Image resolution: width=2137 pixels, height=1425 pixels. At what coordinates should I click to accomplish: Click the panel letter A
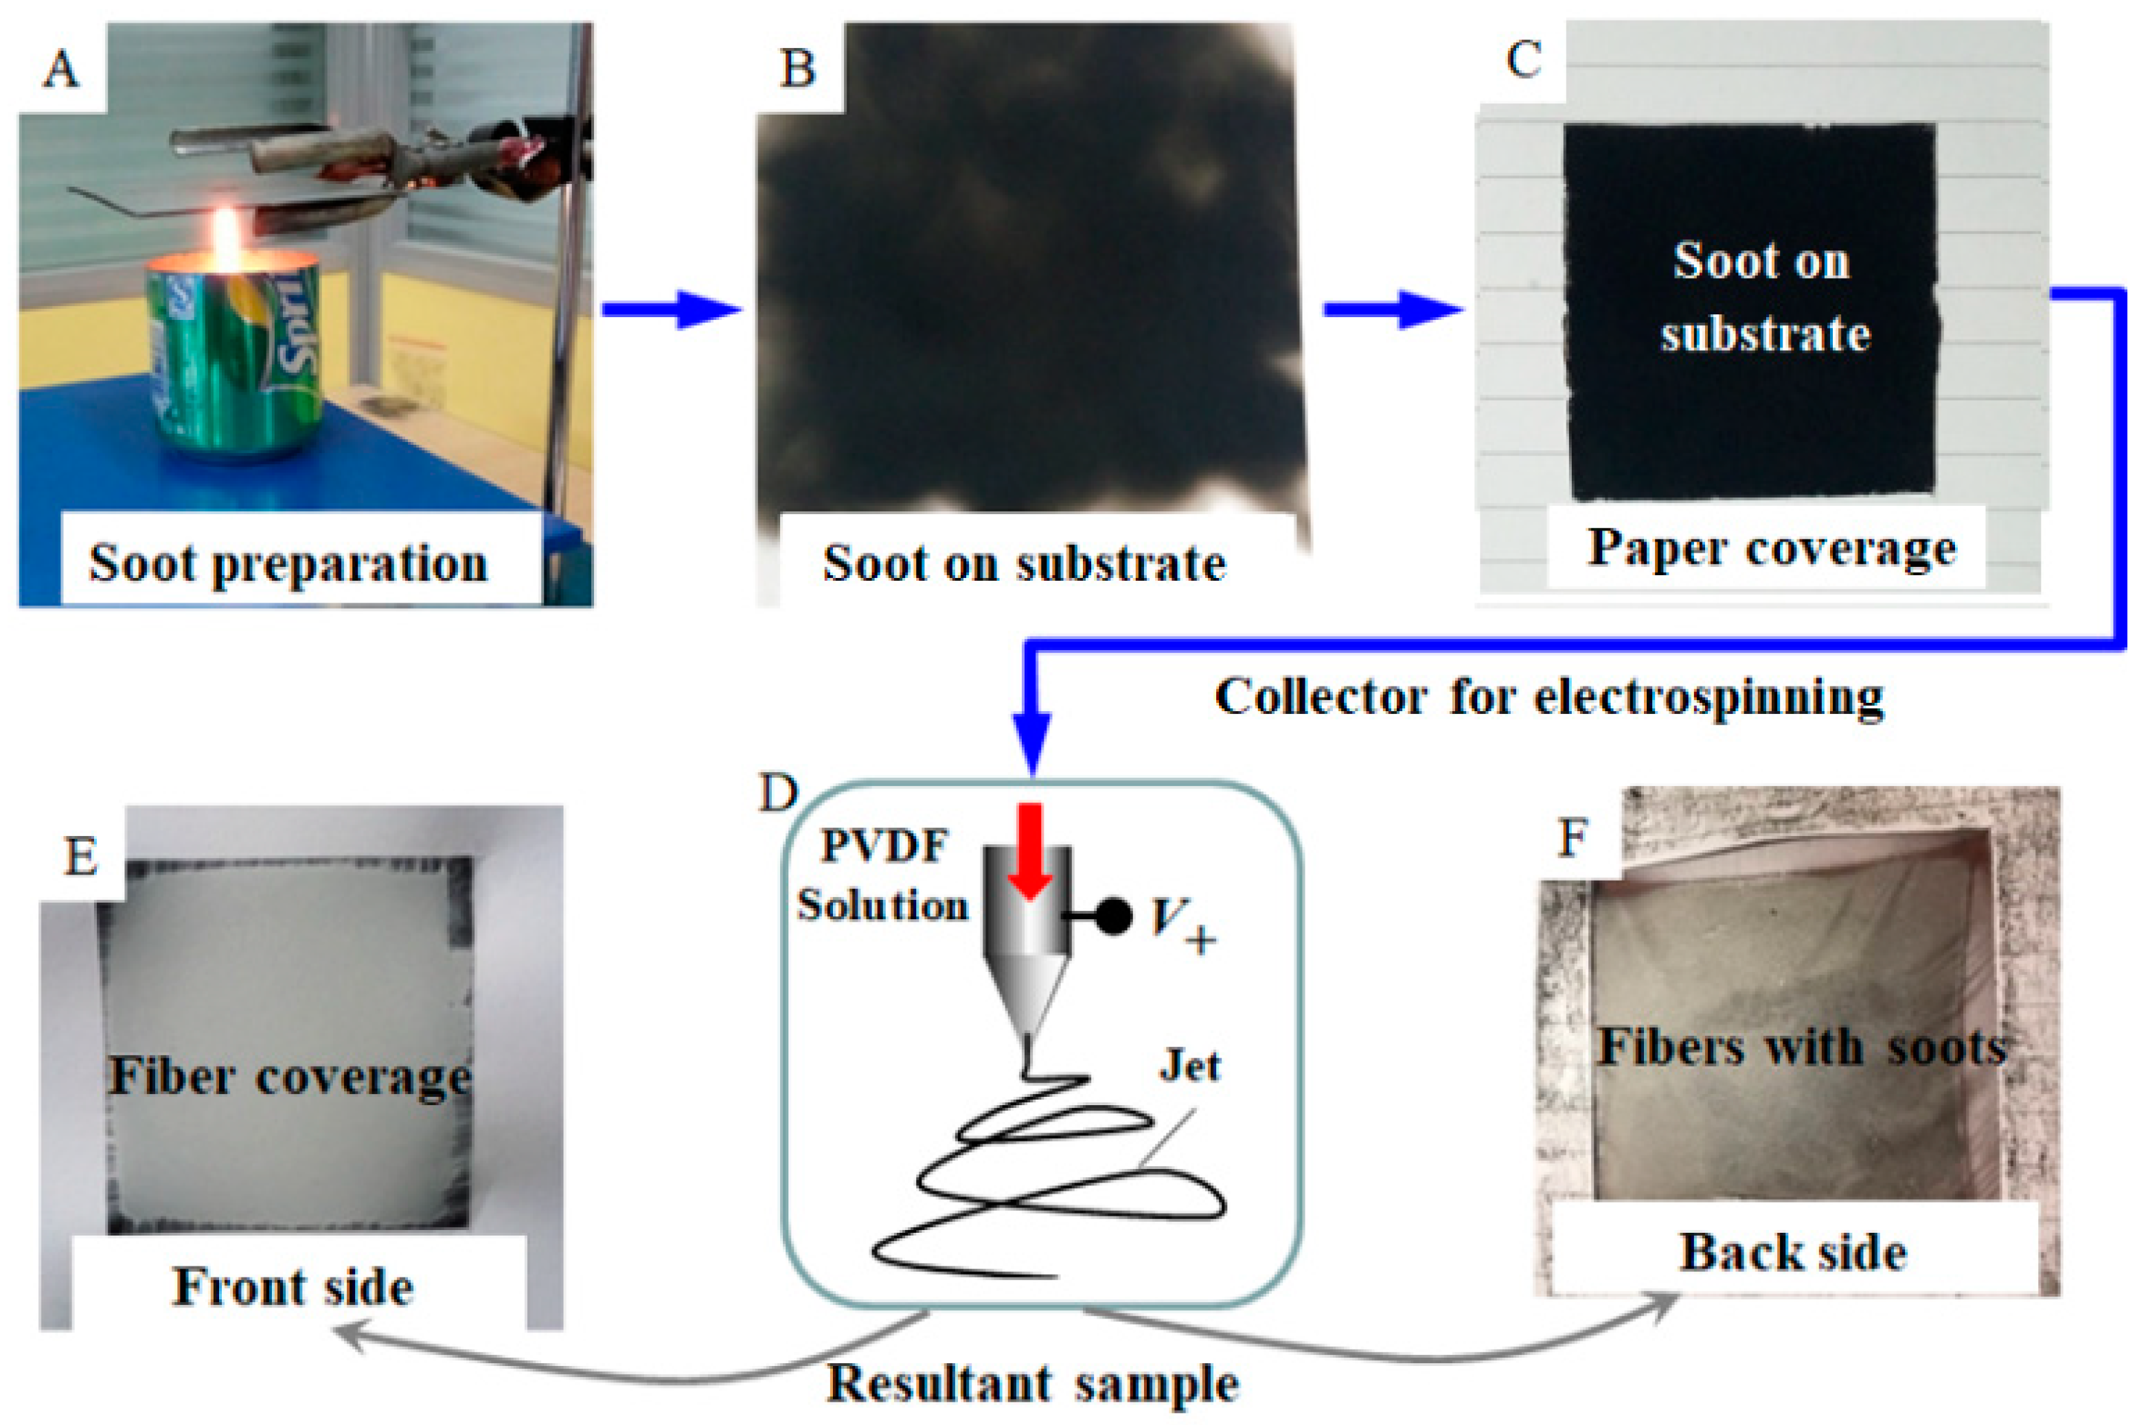[61, 69]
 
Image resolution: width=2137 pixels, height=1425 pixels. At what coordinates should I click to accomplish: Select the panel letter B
[797, 69]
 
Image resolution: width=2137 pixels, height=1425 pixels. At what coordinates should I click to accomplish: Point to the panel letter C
[1524, 60]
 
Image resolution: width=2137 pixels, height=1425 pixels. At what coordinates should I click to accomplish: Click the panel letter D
[778, 793]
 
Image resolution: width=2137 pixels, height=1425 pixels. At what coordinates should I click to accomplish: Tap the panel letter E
[81, 856]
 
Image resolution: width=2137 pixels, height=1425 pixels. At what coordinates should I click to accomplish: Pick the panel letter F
[1573, 838]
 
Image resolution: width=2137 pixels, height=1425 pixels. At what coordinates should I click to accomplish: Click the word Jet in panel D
[1189, 1066]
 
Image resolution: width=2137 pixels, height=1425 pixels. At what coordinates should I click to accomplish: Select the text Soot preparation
[288, 564]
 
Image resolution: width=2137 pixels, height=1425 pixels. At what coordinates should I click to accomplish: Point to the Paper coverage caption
[1772, 548]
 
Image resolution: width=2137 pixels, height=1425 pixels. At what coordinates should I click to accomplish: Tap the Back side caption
[1792, 1252]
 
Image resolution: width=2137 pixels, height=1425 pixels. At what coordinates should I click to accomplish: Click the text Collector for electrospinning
[1549, 698]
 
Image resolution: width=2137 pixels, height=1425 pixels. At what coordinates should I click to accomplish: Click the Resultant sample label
[1033, 1384]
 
